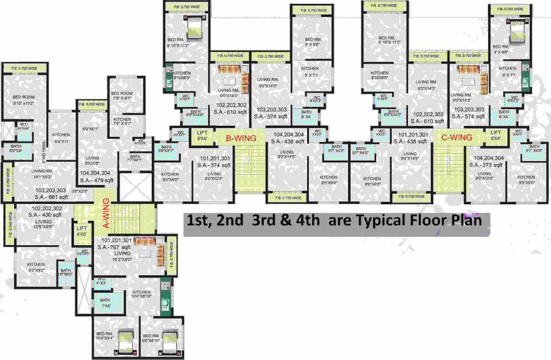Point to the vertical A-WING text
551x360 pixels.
[x=106, y=214]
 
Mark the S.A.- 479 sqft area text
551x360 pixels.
[x=97, y=180]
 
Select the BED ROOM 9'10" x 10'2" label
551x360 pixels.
[x=24, y=100]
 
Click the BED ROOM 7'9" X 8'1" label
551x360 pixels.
[x=122, y=96]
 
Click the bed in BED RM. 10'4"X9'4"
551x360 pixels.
[x=126, y=338]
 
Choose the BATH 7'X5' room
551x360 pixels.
[x=105, y=303]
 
